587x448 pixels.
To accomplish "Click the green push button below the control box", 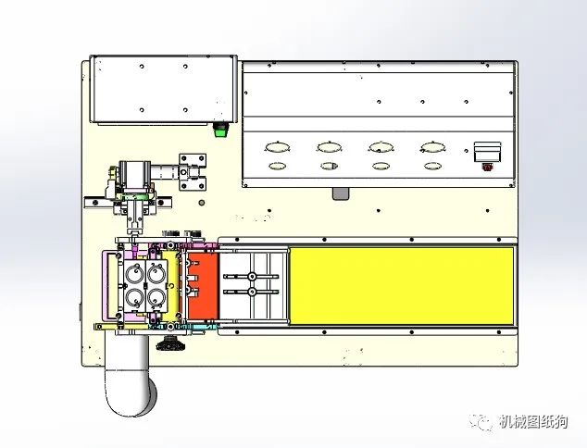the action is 221,129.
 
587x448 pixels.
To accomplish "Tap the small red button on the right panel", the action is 487,167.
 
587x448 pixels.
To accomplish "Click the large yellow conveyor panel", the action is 402,286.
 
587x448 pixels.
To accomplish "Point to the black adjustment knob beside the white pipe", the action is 170,343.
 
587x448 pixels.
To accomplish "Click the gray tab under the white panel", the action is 341,193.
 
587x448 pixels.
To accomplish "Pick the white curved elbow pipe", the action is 128,374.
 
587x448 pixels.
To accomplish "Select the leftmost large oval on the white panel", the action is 278,147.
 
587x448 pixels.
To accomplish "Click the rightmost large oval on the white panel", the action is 433,147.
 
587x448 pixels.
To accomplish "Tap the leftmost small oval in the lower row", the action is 278,166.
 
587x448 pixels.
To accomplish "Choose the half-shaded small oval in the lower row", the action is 330,166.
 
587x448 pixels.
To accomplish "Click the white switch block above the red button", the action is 487,152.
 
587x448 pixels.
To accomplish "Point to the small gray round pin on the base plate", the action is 202,203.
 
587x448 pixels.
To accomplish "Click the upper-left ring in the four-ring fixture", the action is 134,274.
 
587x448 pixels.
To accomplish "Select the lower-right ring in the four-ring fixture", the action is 156,298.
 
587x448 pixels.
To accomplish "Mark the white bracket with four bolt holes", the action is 193,172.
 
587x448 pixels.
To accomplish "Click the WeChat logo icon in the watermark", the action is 481,422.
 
